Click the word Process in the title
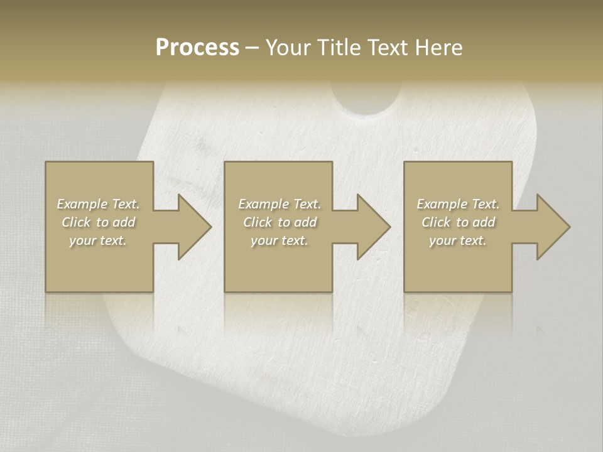coord(197,48)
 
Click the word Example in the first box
coord(82,204)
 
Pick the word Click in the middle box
coord(256,222)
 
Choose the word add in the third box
coord(484,222)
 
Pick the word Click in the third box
coord(435,222)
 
